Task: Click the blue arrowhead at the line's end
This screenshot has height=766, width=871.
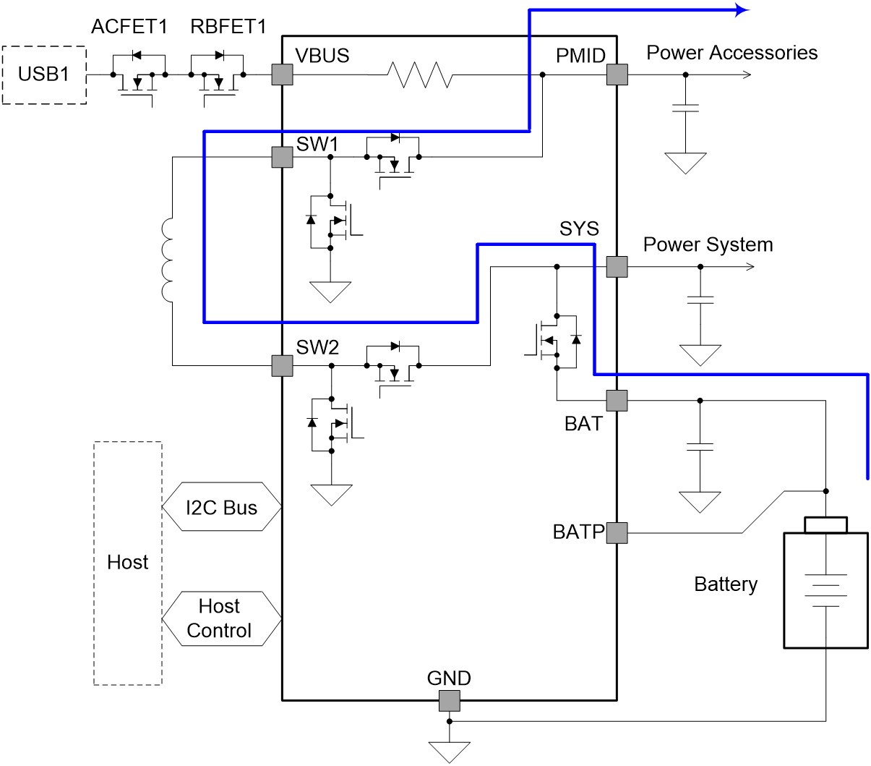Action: tap(742, 10)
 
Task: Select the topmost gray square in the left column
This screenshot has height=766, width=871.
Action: tap(282, 75)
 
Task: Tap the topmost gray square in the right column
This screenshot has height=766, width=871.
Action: tap(617, 75)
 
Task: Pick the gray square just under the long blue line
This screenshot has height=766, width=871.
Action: tap(282, 157)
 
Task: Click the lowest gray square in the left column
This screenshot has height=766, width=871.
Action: tap(282, 366)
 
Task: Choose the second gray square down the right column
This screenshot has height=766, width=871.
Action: tap(617, 267)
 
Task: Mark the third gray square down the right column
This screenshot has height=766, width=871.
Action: tap(617, 401)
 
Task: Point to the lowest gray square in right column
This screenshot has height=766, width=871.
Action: tap(617, 533)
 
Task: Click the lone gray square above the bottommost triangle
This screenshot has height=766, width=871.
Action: tap(449, 701)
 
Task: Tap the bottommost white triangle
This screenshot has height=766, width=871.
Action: tap(449, 752)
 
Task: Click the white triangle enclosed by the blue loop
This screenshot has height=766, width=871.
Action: tap(330, 291)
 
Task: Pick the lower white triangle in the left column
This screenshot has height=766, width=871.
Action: tap(331, 494)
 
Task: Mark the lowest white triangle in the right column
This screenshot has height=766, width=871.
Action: tap(700, 501)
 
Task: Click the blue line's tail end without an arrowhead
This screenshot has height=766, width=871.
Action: tap(867, 478)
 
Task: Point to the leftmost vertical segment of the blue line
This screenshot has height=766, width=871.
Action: tap(205, 226)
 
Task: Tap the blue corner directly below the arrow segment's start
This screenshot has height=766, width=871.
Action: tap(530, 131)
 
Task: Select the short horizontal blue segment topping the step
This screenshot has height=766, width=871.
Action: tap(536, 244)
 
